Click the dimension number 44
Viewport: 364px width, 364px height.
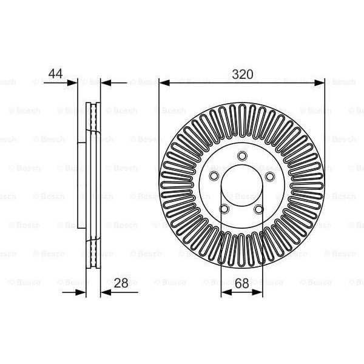click(55, 73)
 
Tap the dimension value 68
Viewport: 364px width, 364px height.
click(242, 282)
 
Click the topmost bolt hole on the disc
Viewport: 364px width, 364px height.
click(241, 156)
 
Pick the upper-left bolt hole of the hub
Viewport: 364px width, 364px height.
click(214, 176)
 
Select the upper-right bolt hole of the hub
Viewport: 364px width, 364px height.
click(269, 176)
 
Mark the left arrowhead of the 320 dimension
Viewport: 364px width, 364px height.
click(163, 82)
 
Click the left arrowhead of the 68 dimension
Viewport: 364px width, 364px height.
click(224, 292)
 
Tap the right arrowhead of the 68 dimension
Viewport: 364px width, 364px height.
click(260, 292)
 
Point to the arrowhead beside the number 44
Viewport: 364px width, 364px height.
click(73, 82)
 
